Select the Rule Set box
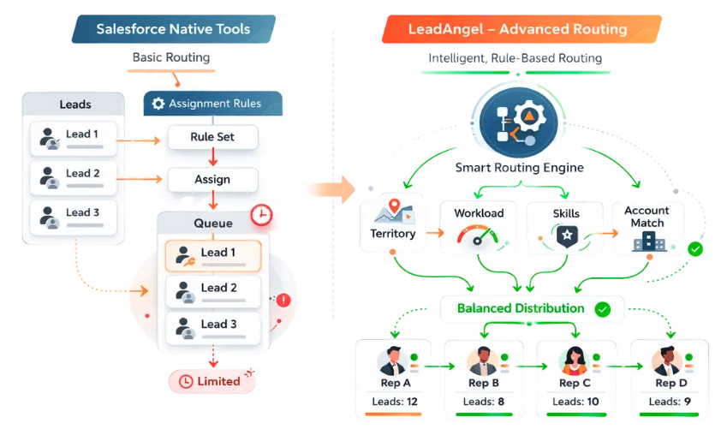[212, 136]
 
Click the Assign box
[212, 180]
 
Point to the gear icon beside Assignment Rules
[158, 104]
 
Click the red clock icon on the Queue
[260, 215]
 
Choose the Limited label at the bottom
[210, 381]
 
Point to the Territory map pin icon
[393, 209]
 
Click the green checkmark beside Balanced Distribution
[603, 309]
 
